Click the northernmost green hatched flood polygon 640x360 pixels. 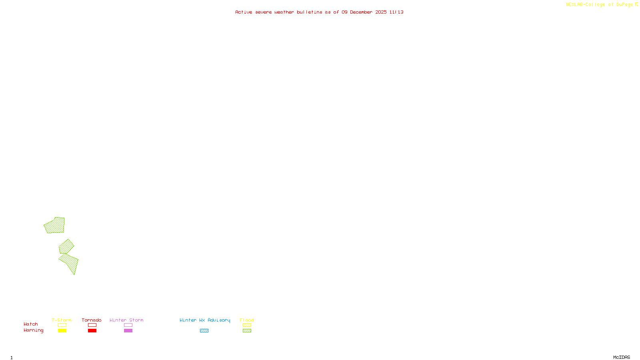coord(55,226)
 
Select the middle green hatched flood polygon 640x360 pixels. coord(66,247)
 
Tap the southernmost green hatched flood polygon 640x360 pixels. coord(70,262)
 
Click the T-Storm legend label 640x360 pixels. coord(62,320)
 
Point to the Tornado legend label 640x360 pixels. coord(92,320)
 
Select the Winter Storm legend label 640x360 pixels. coord(126,320)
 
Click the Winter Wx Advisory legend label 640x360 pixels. coord(205,320)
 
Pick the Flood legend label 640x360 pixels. coord(247,320)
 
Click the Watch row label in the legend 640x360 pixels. coord(31,324)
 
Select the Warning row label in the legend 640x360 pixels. coord(33,330)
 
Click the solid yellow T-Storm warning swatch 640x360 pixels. coord(62,331)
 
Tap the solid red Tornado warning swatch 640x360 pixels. coord(92,331)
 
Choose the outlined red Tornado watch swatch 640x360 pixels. coord(92,325)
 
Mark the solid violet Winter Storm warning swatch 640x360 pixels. coord(128,331)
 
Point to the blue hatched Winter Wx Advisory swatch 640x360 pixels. coord(204,331)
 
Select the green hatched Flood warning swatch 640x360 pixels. coord(247,331)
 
